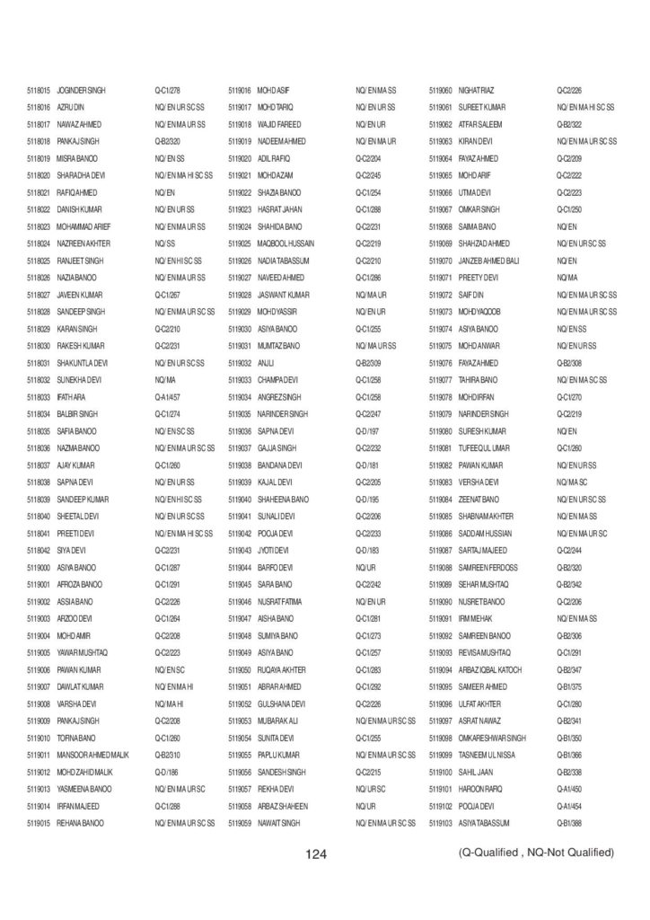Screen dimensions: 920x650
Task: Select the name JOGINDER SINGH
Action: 81,91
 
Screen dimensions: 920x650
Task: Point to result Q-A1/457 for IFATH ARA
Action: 168,396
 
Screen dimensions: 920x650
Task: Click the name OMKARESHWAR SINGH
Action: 492,738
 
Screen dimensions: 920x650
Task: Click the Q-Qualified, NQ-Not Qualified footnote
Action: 536,852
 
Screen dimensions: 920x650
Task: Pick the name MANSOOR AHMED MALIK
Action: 94,755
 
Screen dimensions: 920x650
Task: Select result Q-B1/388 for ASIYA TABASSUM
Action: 570,822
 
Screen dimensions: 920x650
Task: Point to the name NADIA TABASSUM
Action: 282,261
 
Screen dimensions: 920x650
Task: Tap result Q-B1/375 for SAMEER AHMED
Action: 570,686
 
